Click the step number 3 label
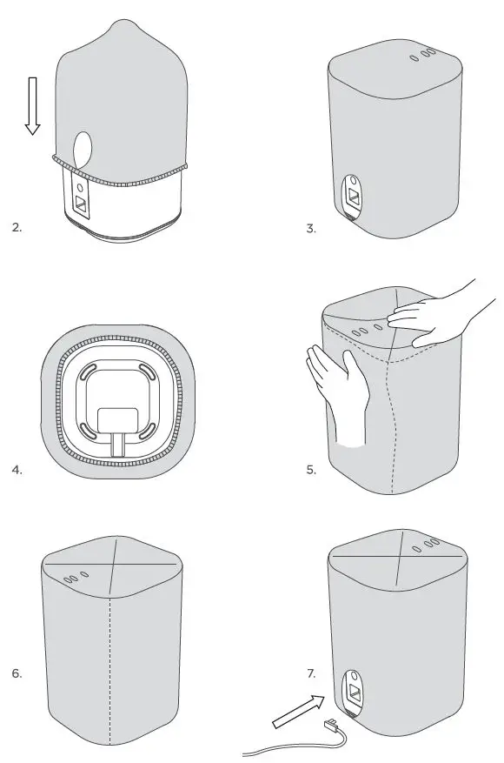311,228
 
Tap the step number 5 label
311,470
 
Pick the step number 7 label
311,673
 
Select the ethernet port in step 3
355,194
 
